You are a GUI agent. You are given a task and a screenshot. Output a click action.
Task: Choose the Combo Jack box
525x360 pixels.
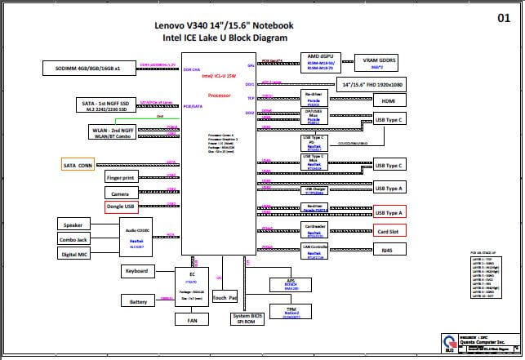point(73,239)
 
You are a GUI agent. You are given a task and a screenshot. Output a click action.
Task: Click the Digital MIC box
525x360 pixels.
point(73,254)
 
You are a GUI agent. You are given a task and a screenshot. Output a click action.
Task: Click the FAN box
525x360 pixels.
point(192,321)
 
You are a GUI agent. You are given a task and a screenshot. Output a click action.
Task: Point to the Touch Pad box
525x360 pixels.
point(225,298)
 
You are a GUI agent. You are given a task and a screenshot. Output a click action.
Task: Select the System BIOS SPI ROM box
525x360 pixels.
point(252,319)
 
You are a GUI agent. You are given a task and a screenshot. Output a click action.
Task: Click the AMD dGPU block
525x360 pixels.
point(318,64)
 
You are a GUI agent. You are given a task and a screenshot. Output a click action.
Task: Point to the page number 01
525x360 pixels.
point(504,17)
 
